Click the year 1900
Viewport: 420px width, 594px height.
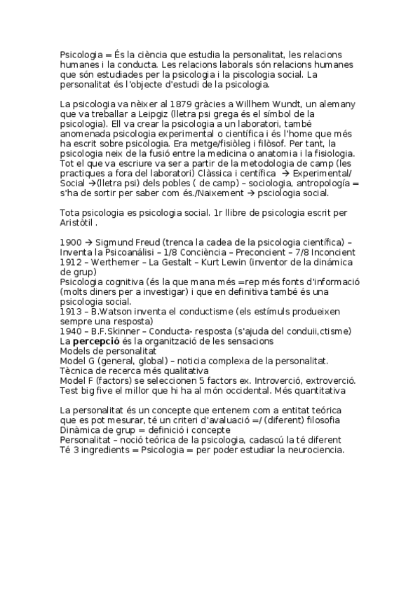tap(72, 242)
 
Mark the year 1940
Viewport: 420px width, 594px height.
tap(72, 331)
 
